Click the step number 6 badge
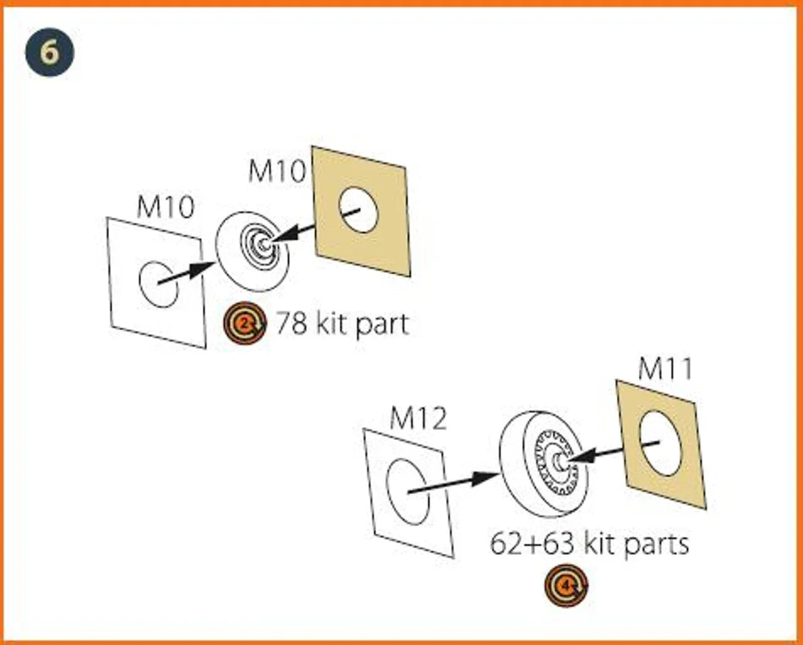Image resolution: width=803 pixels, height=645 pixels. pos(50,52)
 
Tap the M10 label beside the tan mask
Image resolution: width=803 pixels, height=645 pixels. pos(277,172)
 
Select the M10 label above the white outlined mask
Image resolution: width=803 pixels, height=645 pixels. pos(166,207)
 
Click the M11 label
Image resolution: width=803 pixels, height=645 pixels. pos(666,369)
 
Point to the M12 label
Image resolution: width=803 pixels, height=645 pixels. pos(418,419)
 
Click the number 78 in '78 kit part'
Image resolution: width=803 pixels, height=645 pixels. pos(292,323)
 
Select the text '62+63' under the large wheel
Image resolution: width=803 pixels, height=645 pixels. pos(532,544)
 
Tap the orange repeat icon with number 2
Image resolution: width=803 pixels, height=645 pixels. pos(245,323)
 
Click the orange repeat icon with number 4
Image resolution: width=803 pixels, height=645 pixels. pos(566,585)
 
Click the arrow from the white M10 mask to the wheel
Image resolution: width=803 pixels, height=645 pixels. pos(186,273)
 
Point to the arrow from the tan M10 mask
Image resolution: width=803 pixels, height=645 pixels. pos(316,228)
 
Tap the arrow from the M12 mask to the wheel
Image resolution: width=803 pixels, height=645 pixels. pos(454,482)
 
